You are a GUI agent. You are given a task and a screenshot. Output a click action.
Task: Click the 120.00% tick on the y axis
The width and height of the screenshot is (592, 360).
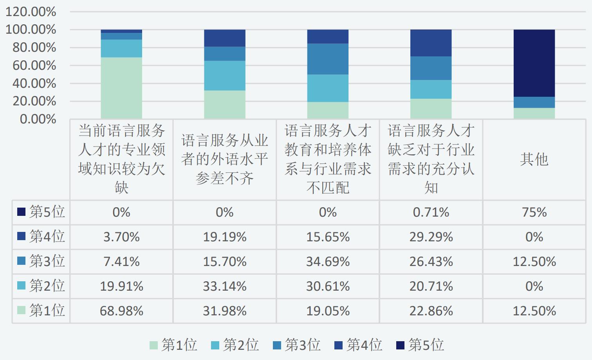click(x=31, y=12)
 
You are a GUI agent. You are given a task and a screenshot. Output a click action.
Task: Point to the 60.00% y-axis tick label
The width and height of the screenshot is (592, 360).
click(x=34, y=65)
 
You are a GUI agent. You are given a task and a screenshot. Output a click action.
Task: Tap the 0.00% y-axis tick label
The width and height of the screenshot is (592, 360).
click(x=38, y=119)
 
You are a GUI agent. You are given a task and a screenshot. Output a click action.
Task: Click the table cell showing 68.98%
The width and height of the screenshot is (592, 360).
click(x=121, y=311)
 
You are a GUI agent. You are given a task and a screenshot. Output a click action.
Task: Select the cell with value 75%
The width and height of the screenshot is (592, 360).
click(x=534, y=212)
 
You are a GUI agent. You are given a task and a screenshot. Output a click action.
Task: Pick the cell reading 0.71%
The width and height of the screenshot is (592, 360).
click(x=431, y=212)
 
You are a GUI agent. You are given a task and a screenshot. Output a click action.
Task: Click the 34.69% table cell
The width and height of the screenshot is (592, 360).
click(x=328, y=262)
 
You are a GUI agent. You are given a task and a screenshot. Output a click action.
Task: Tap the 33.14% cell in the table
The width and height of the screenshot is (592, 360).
click(x=224, y=286)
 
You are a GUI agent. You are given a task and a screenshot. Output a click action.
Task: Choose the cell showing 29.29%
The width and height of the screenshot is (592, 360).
click(x=431, y=237)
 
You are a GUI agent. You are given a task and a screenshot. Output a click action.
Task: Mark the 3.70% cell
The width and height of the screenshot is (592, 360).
click(x=121, y=237)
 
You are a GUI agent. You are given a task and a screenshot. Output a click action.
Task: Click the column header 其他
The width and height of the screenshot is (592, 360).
click(x=534, y=159)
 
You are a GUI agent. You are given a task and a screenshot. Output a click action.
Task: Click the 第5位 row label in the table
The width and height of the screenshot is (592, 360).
click(x=41, y=212)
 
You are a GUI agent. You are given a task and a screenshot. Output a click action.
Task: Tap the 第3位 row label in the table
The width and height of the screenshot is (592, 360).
click(x=41, y=261)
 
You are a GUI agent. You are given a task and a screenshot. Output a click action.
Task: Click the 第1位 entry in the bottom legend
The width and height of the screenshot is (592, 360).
click(x=173, y=345)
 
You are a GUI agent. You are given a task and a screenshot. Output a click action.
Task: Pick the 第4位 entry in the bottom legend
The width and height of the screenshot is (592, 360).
click(x=358, y=345)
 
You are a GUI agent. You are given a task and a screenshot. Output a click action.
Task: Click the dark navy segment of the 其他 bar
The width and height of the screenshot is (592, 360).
click(x=534, y=63)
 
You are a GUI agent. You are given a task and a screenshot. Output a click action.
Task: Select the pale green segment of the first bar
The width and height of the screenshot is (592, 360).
click(x=121, y=88)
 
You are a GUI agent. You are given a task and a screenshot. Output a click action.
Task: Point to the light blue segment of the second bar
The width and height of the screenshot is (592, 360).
click(x=224, y=76)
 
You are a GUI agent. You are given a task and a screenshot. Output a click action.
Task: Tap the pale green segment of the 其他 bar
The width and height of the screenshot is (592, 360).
click(x=534, y=113)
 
